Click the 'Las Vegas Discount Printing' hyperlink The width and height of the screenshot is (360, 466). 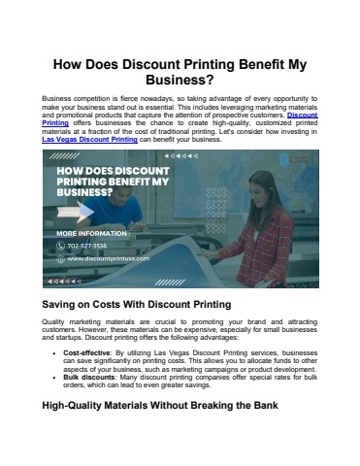(90, 140)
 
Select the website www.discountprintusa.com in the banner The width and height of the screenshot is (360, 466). (106, 258)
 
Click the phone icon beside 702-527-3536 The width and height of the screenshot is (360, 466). (59, 246)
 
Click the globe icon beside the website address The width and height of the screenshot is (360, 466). (59, 258)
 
